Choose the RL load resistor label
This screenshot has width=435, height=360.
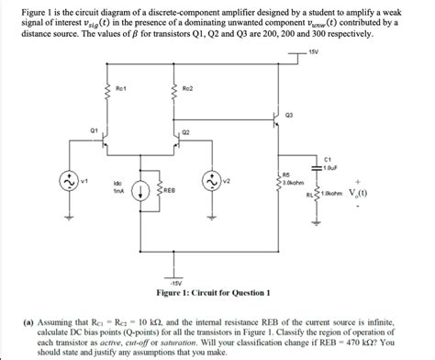pyautogui.click(x=311, y=195)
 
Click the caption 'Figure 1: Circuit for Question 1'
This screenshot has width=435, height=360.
pyautogui.click(x=212, y=293)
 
